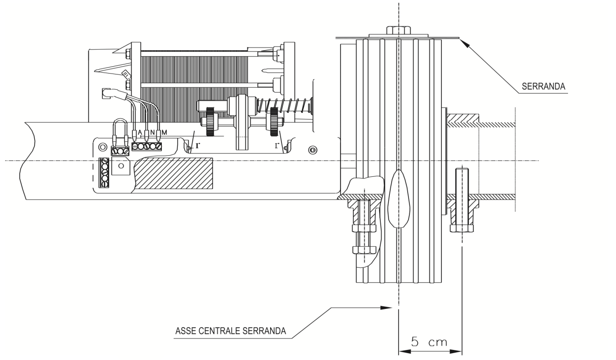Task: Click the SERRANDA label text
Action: [x=543, y=86]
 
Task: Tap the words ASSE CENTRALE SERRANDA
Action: [x=230, y=331]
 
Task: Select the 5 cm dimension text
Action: [x=429, y=342]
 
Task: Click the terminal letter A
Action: [x=140, y=133]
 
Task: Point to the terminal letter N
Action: [x=152, y=133]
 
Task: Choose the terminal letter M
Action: [x=164, y=132]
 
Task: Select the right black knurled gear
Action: [x=274, y=122]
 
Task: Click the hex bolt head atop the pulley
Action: [x=398, y=30]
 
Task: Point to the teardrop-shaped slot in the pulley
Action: [x=398, y=199]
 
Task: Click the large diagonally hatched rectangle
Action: [x=174, y=173]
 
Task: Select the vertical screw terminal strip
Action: [x=104, y=173]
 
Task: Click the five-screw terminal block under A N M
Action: [x=147, y=146]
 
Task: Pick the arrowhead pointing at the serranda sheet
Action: [x=464, y=44]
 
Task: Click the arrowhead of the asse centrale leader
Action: [x=386, y=308]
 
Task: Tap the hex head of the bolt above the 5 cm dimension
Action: [x=462, y=228]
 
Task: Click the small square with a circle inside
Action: [x=121, y=166]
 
